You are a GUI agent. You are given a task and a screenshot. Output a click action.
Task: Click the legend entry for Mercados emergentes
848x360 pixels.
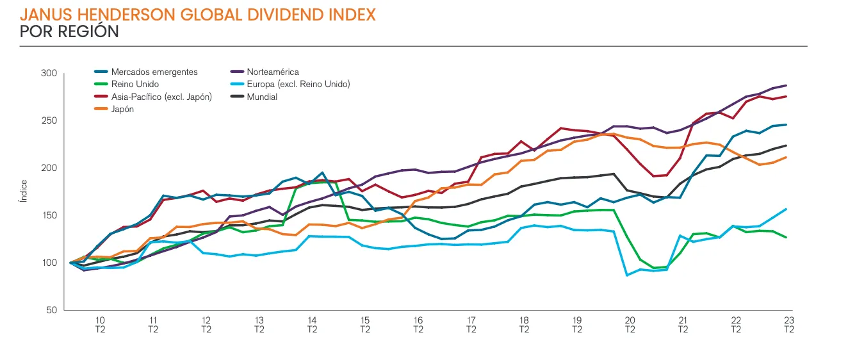tap(154, 72)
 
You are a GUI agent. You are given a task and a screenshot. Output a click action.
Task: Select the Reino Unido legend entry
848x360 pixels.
tap(135, 85)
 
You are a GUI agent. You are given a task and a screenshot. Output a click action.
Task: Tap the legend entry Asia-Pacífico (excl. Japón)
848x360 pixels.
tap(161, 97)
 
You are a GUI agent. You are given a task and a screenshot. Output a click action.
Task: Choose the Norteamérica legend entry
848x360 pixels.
tap(272, 72)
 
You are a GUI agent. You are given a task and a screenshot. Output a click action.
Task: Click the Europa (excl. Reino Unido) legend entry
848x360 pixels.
tap(298, 85)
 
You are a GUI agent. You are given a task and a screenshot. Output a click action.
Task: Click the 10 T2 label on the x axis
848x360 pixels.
tap(101, 325)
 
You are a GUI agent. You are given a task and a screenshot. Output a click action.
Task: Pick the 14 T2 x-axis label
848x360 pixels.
tap(312, 325)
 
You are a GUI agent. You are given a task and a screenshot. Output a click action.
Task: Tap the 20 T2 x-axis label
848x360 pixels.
tap(630, 325)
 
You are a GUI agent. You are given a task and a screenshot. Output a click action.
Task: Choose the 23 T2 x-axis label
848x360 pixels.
tap(788, 325)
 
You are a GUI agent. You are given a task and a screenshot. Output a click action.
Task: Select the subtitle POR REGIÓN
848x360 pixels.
tap(70, 31)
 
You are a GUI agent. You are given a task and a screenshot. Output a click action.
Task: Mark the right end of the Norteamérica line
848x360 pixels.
tap(786, 86)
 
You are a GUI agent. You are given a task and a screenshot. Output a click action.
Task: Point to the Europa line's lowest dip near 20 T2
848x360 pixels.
tap(628, 275)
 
